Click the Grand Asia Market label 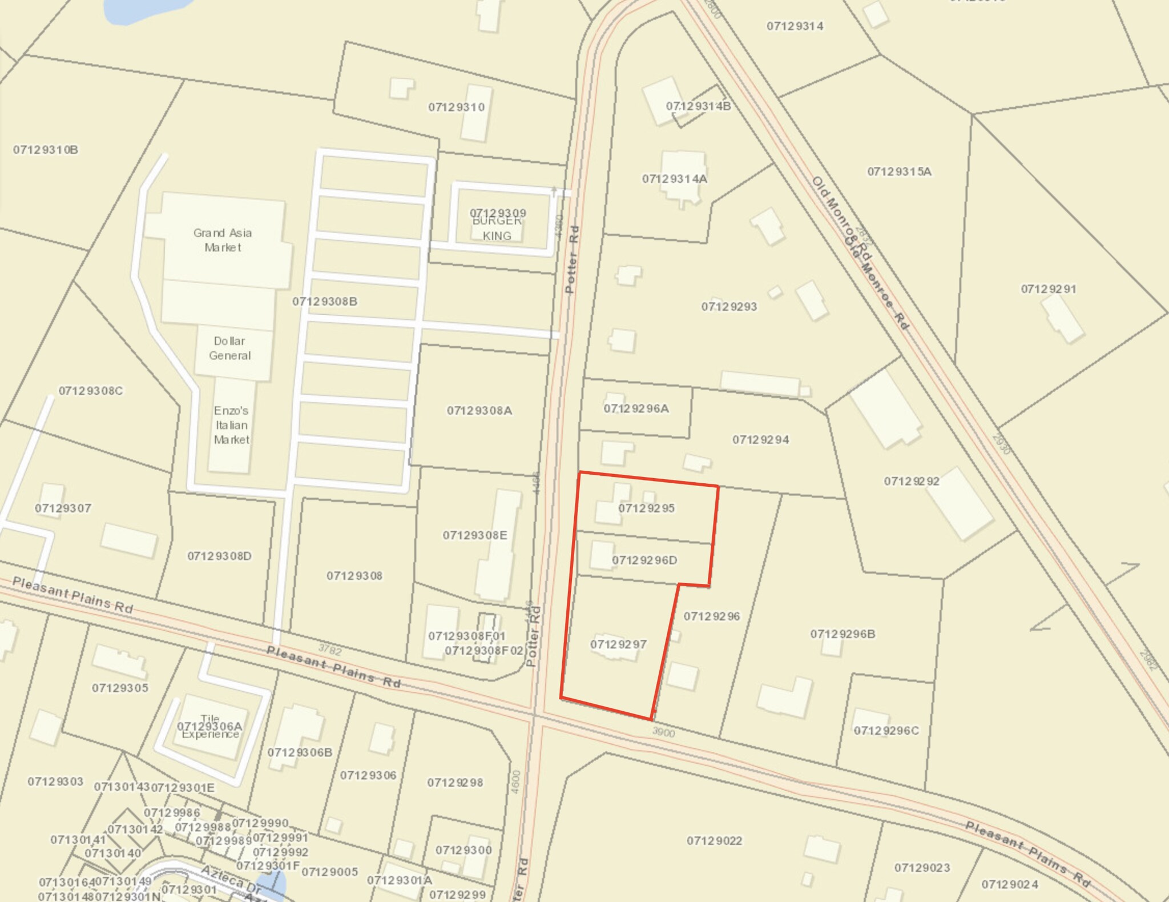click(x=223, y=240)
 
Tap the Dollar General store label click(x=229, y=348)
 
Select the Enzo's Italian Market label click(x=231, y=425)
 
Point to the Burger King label click(x=497, y=228)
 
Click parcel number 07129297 click(x=618, y=644)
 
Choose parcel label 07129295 click(x=646, y=508)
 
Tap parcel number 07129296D click(x=644, y=560)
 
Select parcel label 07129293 click(x=729, y=307)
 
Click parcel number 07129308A click(x=479, y=411)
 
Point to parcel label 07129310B click(x=46, y=150)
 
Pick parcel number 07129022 click(x=714, y=841)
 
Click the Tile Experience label click(x=210, y=727)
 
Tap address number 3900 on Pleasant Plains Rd click(x=663, y=733)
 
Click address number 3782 click(x=330, y=650)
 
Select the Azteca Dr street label click(x=231, y=880)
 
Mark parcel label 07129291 click(x=1049, y=289)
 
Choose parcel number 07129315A click(x=899, y=171)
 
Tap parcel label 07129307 click(x=63, y=508)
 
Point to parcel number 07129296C click(x=886, y=731)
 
